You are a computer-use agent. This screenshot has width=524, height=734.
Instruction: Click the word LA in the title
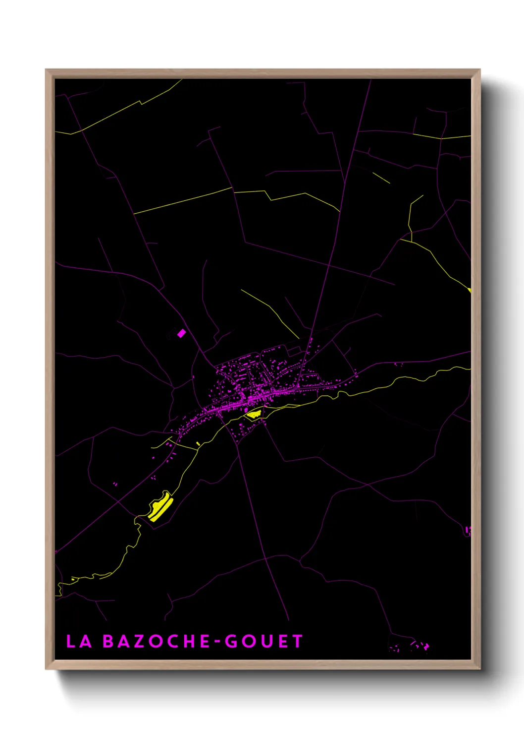79,641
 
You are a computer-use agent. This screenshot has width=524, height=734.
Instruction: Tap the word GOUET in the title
263,641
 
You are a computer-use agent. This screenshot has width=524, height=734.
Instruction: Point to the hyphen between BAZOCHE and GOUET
217,642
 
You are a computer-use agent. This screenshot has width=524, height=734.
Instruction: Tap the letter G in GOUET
231,641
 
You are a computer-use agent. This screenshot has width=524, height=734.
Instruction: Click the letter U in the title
264,641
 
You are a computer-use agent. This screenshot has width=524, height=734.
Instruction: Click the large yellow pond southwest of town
160,506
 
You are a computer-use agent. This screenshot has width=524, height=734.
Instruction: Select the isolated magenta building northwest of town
181,333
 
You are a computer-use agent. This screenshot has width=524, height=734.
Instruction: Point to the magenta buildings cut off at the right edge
468,531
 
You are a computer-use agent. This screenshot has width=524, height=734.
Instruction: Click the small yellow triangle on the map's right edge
469,290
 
